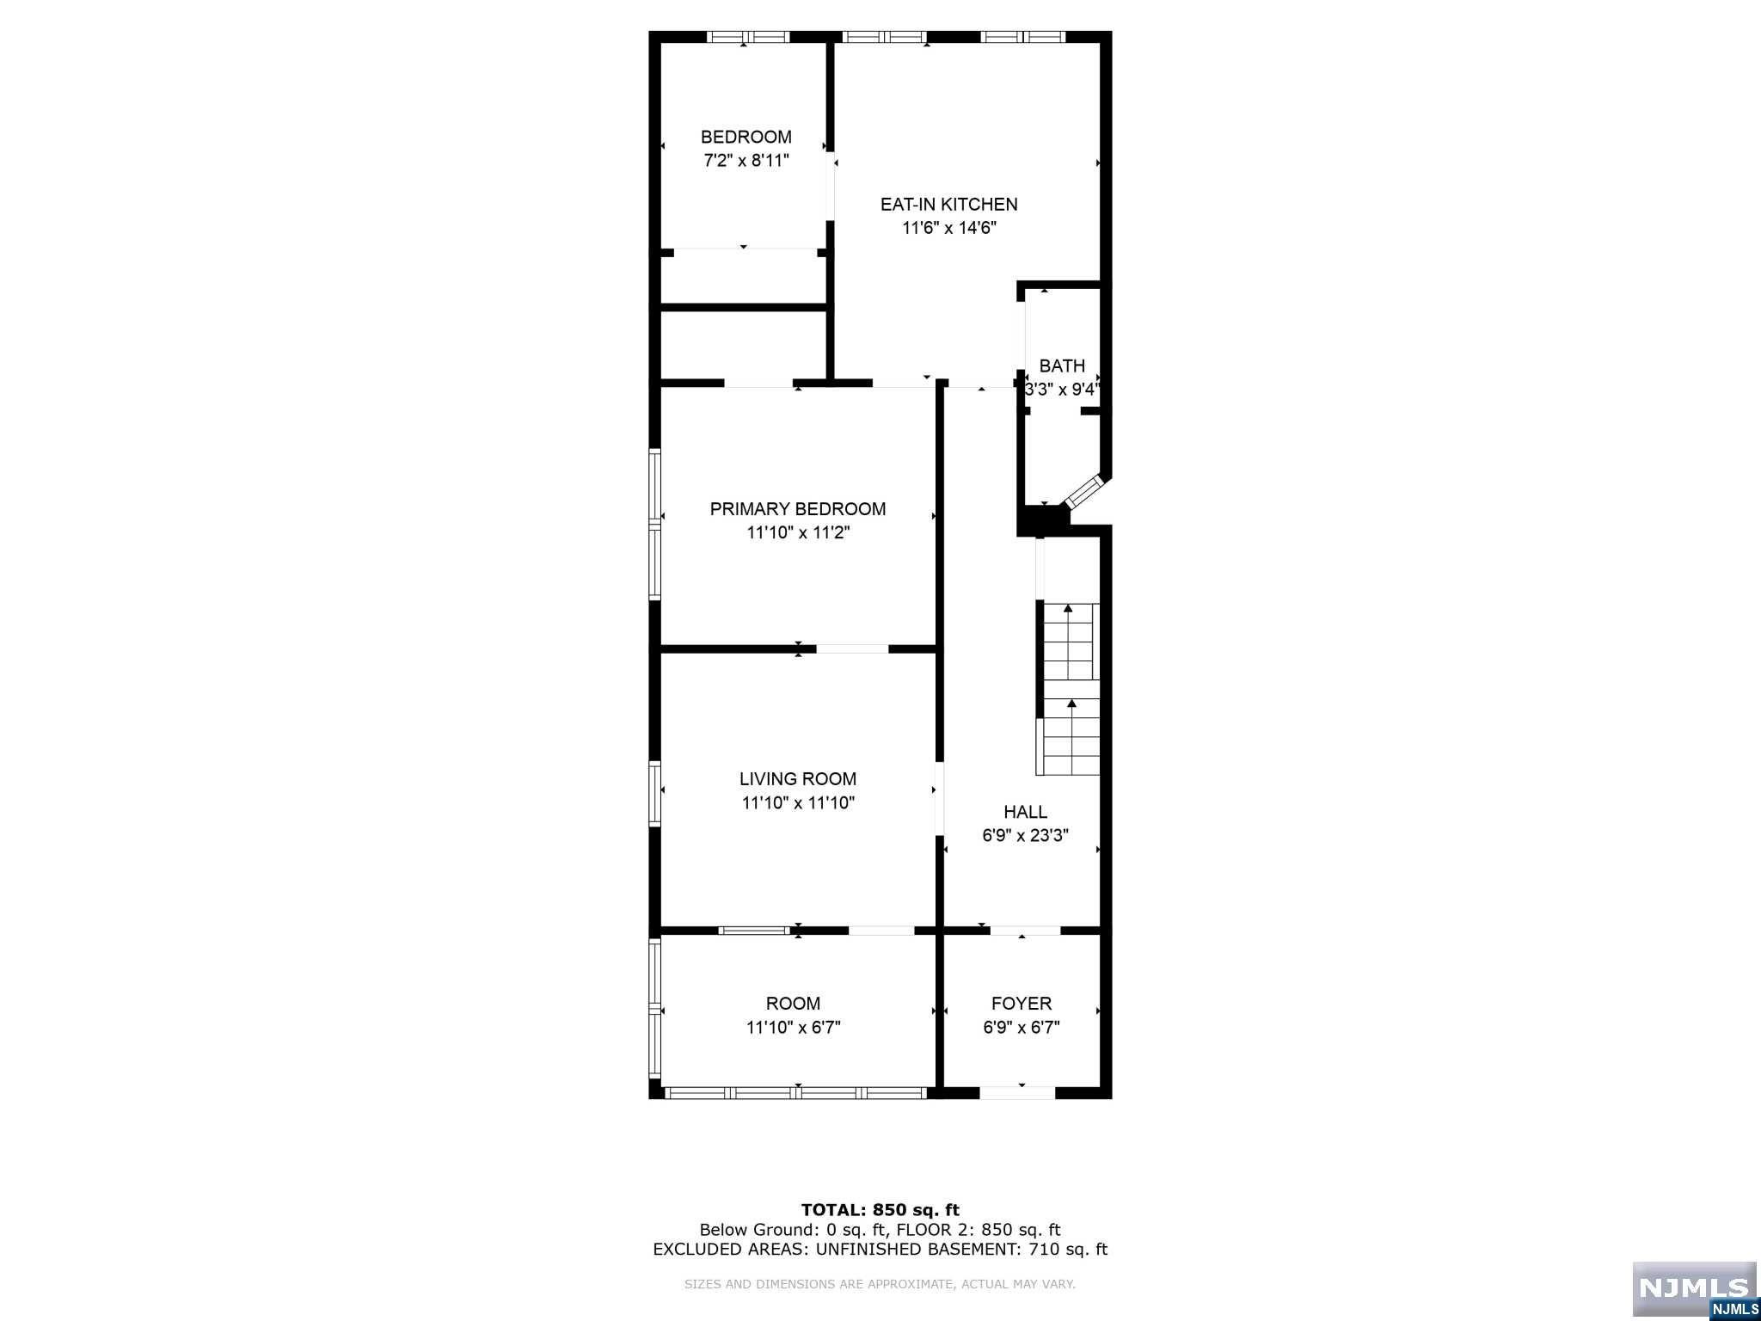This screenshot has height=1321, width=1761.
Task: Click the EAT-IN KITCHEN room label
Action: click(948, 205)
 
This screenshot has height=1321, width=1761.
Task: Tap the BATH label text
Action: click(1062, 366)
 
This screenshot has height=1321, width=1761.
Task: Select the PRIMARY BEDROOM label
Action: click(798, 509)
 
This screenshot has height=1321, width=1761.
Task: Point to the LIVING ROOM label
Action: click(798, 779)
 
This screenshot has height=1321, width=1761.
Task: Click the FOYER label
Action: click(1022, 1004)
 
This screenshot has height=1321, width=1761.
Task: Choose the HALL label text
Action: click(1026, 812)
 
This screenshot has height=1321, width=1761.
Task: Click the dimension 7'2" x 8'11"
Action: click(746, 161)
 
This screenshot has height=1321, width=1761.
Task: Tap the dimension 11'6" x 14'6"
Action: click(949, 229)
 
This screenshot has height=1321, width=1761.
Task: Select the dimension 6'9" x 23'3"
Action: click(1026, 836)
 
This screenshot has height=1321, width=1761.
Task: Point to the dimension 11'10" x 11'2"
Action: click(798, 533)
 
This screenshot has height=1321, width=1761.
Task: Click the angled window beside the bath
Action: click(1083, 491)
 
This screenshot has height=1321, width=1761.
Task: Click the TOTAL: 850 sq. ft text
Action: click(880, 1211)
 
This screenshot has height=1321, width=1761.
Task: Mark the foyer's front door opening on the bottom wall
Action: click(1017, 1093)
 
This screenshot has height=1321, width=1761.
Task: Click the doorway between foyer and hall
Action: click(1025, 931)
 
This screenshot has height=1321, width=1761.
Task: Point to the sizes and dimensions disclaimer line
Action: click(880, 1285)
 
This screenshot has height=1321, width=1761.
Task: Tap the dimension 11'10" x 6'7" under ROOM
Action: click(793, 1028)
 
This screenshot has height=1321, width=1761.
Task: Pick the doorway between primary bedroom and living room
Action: click(852, 648)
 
